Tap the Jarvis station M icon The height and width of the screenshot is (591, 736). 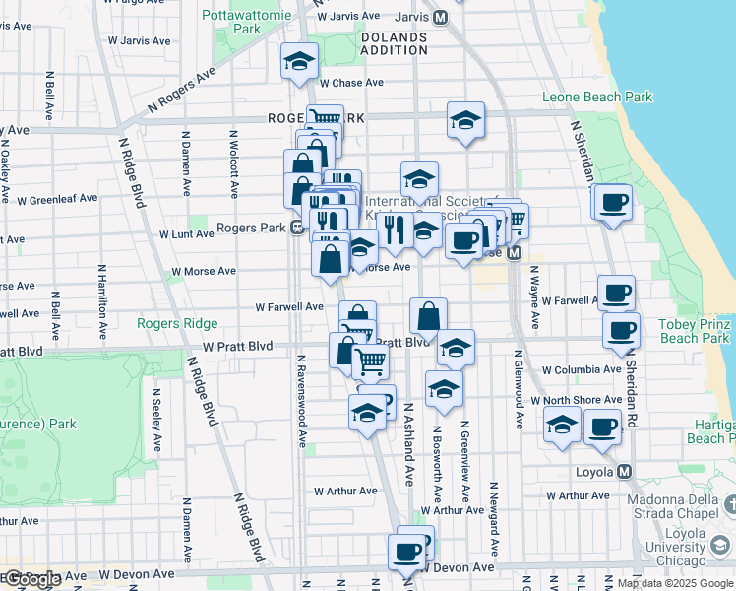440,17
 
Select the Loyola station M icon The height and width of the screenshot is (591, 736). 624,471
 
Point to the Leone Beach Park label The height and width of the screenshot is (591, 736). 597,98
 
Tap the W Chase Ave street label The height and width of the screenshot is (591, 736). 351,83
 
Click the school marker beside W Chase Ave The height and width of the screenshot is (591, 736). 299,62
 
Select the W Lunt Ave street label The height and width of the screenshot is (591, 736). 186,234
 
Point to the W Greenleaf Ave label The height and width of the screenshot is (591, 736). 57,199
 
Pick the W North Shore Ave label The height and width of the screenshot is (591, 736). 577,400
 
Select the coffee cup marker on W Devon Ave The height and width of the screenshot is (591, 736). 405,553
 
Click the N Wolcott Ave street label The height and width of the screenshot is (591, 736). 234,163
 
